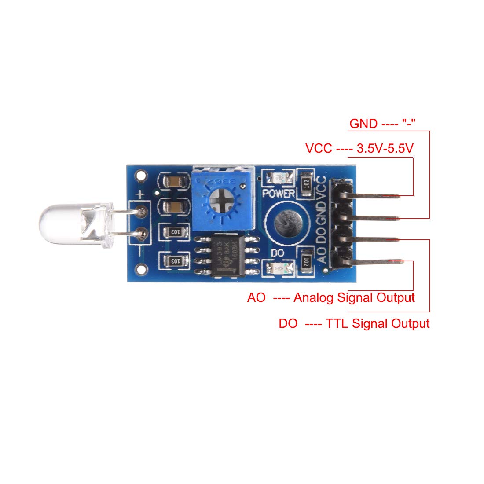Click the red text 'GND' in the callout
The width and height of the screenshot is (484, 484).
363,124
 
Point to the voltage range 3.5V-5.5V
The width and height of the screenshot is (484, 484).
385,149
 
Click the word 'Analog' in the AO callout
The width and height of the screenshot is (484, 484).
314,297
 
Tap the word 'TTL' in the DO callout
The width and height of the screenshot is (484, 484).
337,324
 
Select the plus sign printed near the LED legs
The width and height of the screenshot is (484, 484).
140,194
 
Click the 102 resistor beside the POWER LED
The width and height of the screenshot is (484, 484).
307,184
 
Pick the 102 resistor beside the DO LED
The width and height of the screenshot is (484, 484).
307,260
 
